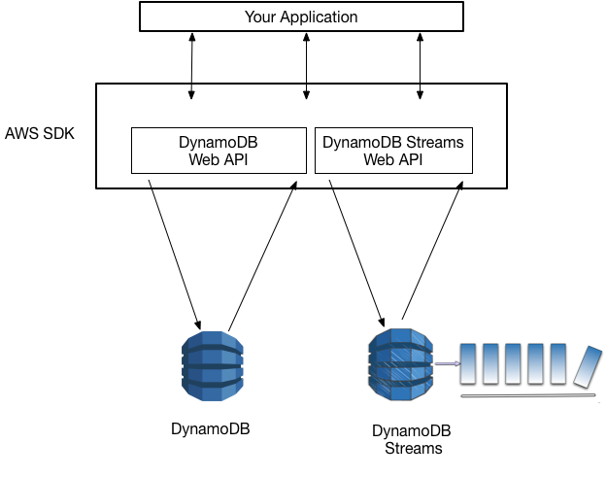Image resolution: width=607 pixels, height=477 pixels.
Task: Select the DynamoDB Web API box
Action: point(219,151)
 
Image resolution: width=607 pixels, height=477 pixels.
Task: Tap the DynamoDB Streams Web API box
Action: point(392,151)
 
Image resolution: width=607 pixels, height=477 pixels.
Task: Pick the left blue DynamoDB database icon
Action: point(212,365)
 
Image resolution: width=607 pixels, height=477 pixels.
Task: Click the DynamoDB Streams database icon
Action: point(399,363)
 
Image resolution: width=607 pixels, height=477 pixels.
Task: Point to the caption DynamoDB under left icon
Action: point(211,428)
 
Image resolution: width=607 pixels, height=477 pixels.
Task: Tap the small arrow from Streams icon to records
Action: point(447,364)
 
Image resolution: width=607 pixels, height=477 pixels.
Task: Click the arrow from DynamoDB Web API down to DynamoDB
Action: point(175,253)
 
